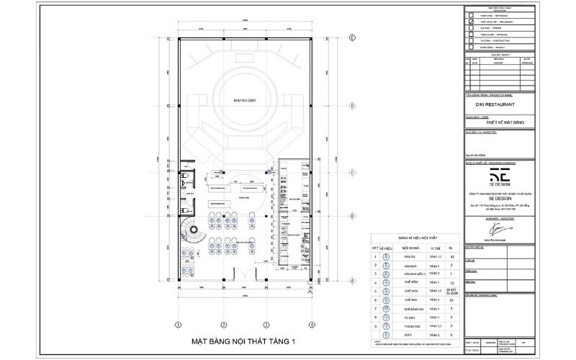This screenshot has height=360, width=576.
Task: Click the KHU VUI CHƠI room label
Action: [x=245, y=100]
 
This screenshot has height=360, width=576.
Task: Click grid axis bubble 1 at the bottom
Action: [x=177, y=325]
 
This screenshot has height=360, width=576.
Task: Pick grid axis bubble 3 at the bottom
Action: [x=266, y=325]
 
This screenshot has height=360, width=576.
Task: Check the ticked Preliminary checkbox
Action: [x=471, y=22]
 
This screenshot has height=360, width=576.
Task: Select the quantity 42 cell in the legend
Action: [x=451, y=256]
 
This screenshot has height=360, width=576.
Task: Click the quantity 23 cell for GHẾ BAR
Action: [x=451, y=300]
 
